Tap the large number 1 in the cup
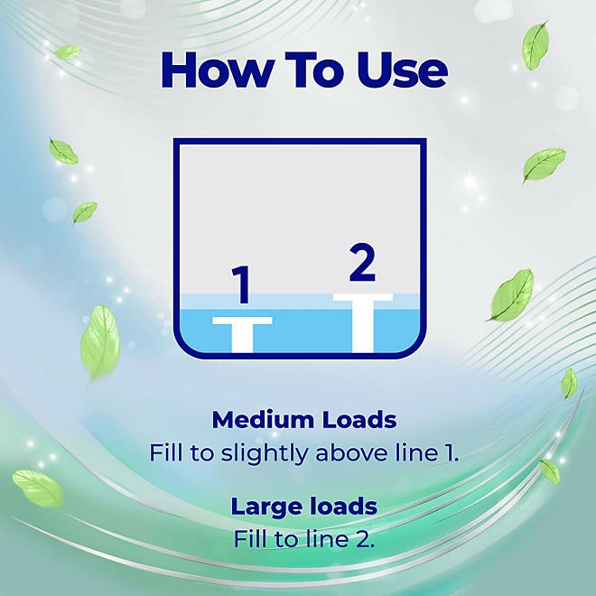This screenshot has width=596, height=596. [x=241, y=284]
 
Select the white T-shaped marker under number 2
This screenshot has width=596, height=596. [x=363, y=323]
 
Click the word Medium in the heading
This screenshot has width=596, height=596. [x=264, y=420]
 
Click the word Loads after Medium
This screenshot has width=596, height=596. [x=359, y=420]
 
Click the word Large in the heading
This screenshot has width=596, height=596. [x=265, y=508]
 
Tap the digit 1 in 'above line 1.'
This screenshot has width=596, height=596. [x=451, y=453]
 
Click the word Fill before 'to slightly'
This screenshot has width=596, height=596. [x=167, y=452]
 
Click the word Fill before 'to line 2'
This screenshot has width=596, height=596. [x=250, y=538]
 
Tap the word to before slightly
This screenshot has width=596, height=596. [x=202, y=453]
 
